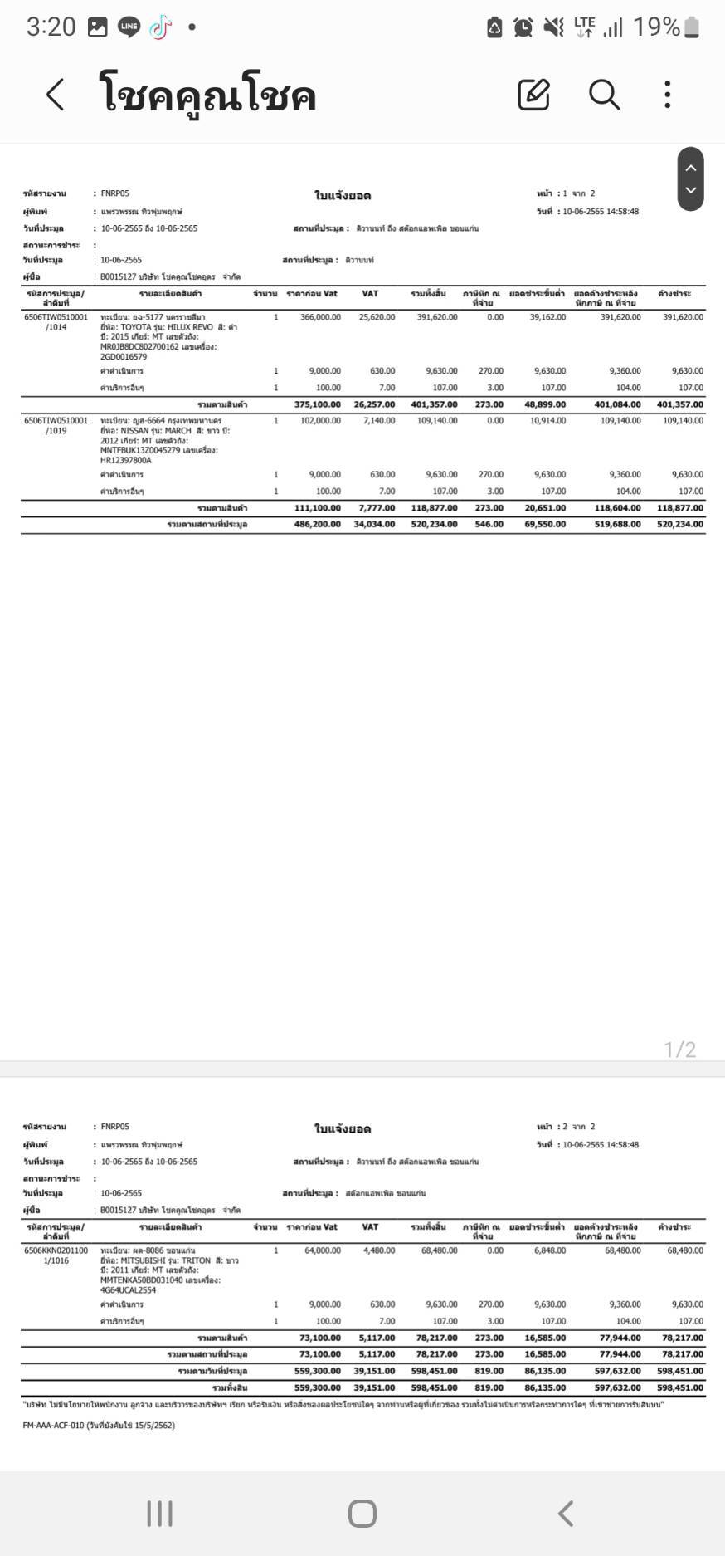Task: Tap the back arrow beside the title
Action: [55, 95]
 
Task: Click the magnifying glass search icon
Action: [604, 95]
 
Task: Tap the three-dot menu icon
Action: [668, 95]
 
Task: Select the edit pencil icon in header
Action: [533, 95]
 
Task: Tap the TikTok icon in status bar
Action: [160, 27]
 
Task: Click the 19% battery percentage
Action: [656, 27]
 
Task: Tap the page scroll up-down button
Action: [690, 179]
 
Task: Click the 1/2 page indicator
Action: [679, 1050]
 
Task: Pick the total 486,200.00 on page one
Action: [317, 525]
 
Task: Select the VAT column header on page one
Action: [370, 294]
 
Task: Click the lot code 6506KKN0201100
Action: [56, 1250]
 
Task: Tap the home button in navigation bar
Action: [362, 1514]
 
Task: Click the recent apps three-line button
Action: [159, 1514]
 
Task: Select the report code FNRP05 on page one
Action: [115, 193]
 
